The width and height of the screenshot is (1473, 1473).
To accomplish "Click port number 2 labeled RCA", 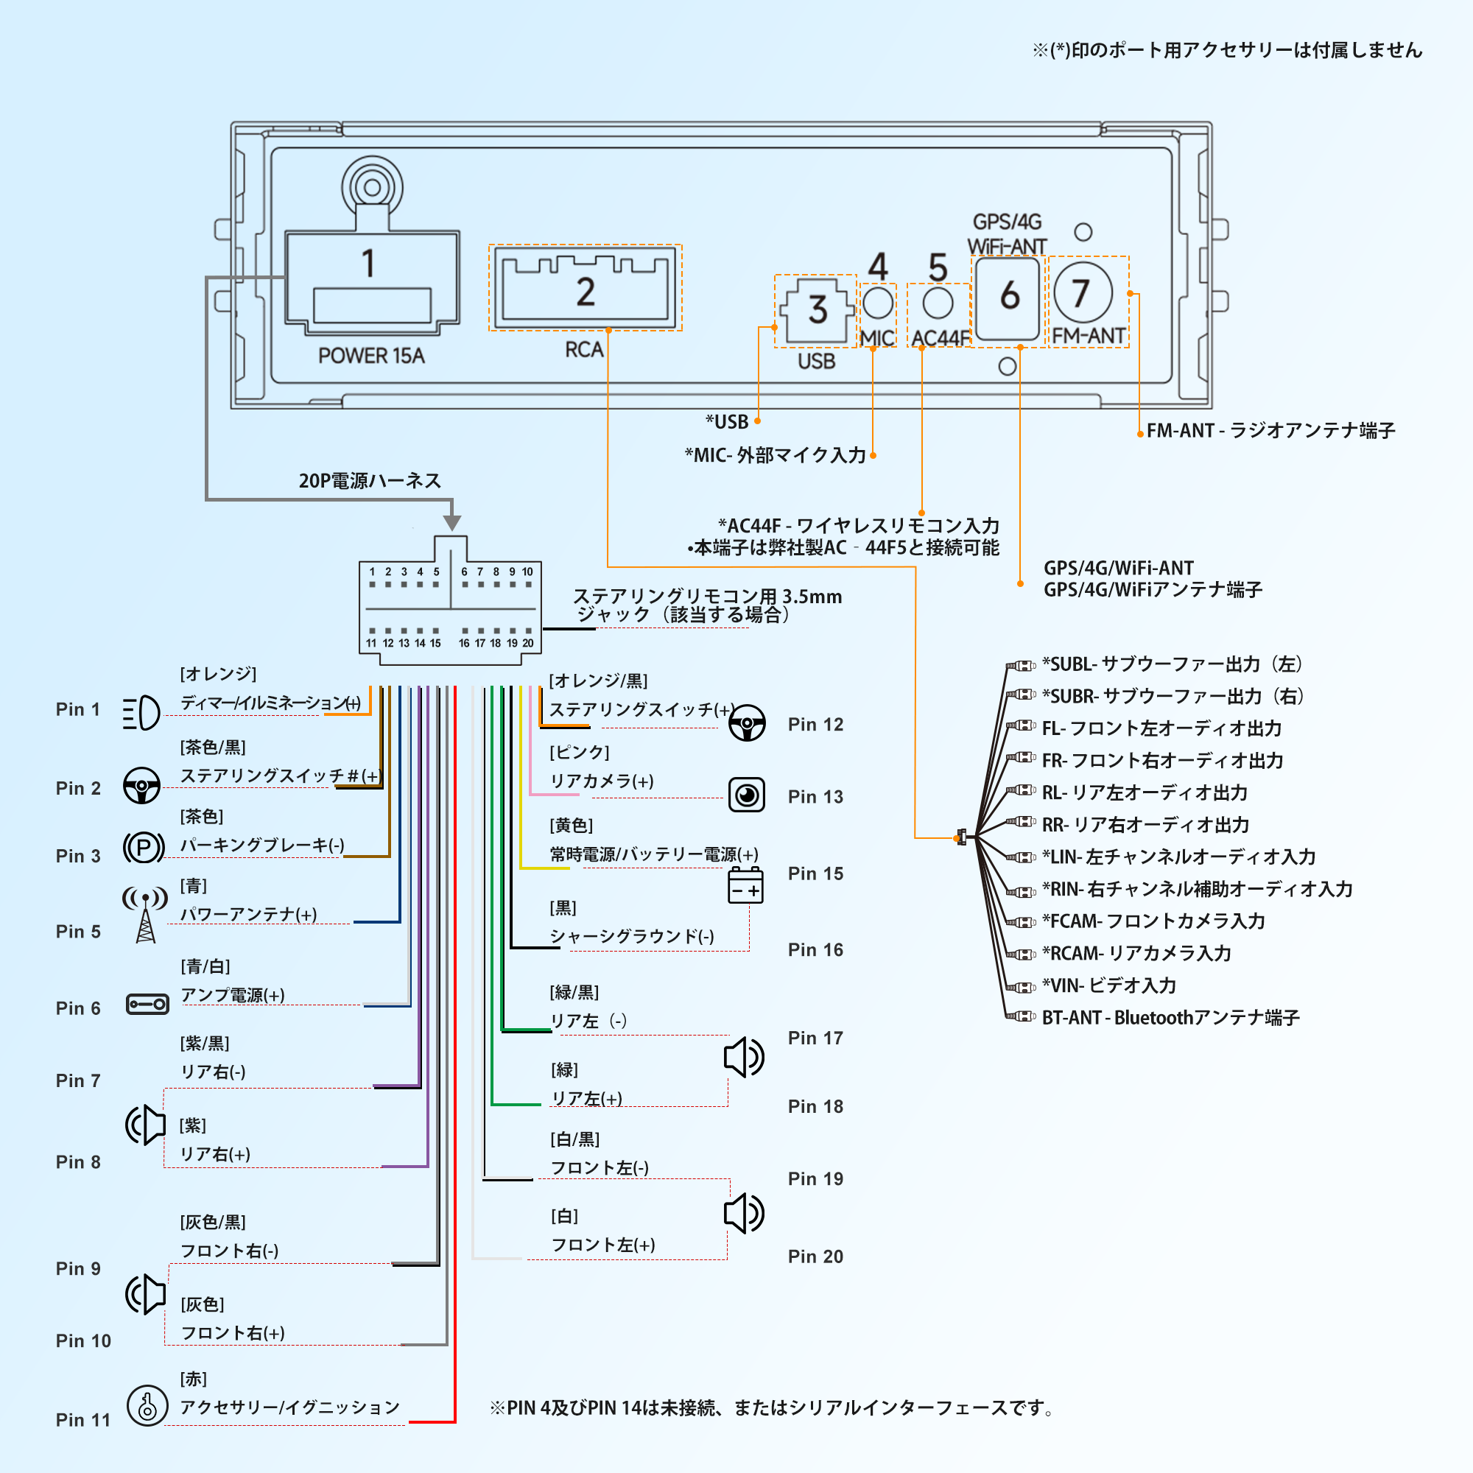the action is (585, 287).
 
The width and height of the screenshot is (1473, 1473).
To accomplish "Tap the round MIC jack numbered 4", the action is (878, 302).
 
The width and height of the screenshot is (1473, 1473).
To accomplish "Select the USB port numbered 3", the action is (817, 310).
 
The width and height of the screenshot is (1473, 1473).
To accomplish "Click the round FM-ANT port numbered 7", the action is (1083, 293).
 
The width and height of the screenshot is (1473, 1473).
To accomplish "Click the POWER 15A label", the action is (371, 356).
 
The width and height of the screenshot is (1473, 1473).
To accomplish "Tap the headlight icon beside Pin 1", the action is (141, 713).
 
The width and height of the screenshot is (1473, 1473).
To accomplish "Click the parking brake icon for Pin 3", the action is (144, 847).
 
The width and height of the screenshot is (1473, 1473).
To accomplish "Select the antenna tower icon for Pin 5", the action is (145, 915).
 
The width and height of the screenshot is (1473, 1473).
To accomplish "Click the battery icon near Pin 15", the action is (745, 885).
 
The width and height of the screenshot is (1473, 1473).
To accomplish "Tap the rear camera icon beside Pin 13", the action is (746, 795).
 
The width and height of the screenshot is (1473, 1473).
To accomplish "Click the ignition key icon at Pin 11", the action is (147, 1406).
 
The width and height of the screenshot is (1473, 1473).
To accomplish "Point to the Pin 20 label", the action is (815, 1256).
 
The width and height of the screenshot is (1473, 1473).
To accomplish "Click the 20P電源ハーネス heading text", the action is (370, 481).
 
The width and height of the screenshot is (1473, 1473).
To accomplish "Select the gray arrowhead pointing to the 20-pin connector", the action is (452, 522).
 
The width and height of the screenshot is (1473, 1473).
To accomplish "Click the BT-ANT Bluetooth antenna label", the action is (1170, 1018).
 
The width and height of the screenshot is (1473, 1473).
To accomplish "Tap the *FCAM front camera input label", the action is (1153, 921).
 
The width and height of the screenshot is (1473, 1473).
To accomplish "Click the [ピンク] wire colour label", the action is (580, 753).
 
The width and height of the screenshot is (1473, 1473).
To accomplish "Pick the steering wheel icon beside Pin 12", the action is (746, 723).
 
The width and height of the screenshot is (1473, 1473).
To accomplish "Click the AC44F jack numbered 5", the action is (938, 303).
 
